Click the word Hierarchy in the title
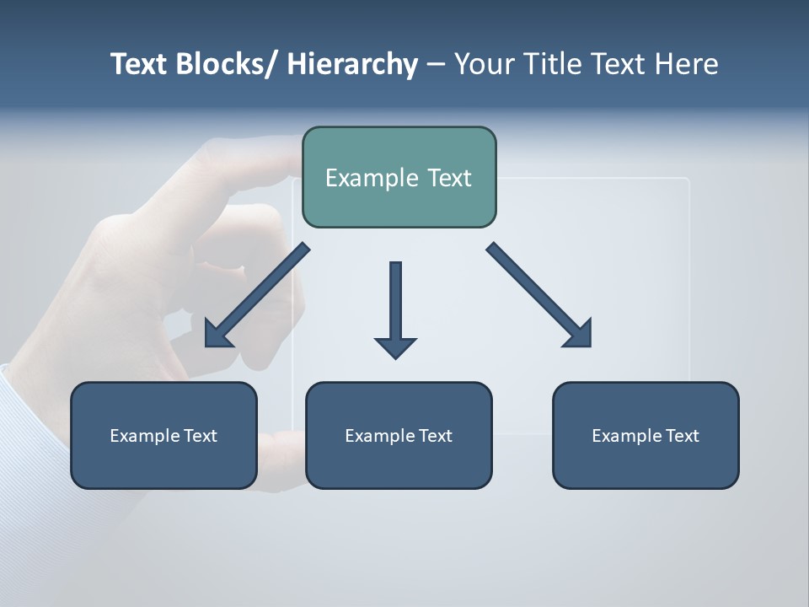click(x=352, y=65)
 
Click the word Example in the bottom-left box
click(x=144, y=436)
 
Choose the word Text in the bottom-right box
click(x=681, y=436)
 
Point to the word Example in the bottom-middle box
click(x=379, y=436)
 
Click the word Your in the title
click(x=480, y=64)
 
